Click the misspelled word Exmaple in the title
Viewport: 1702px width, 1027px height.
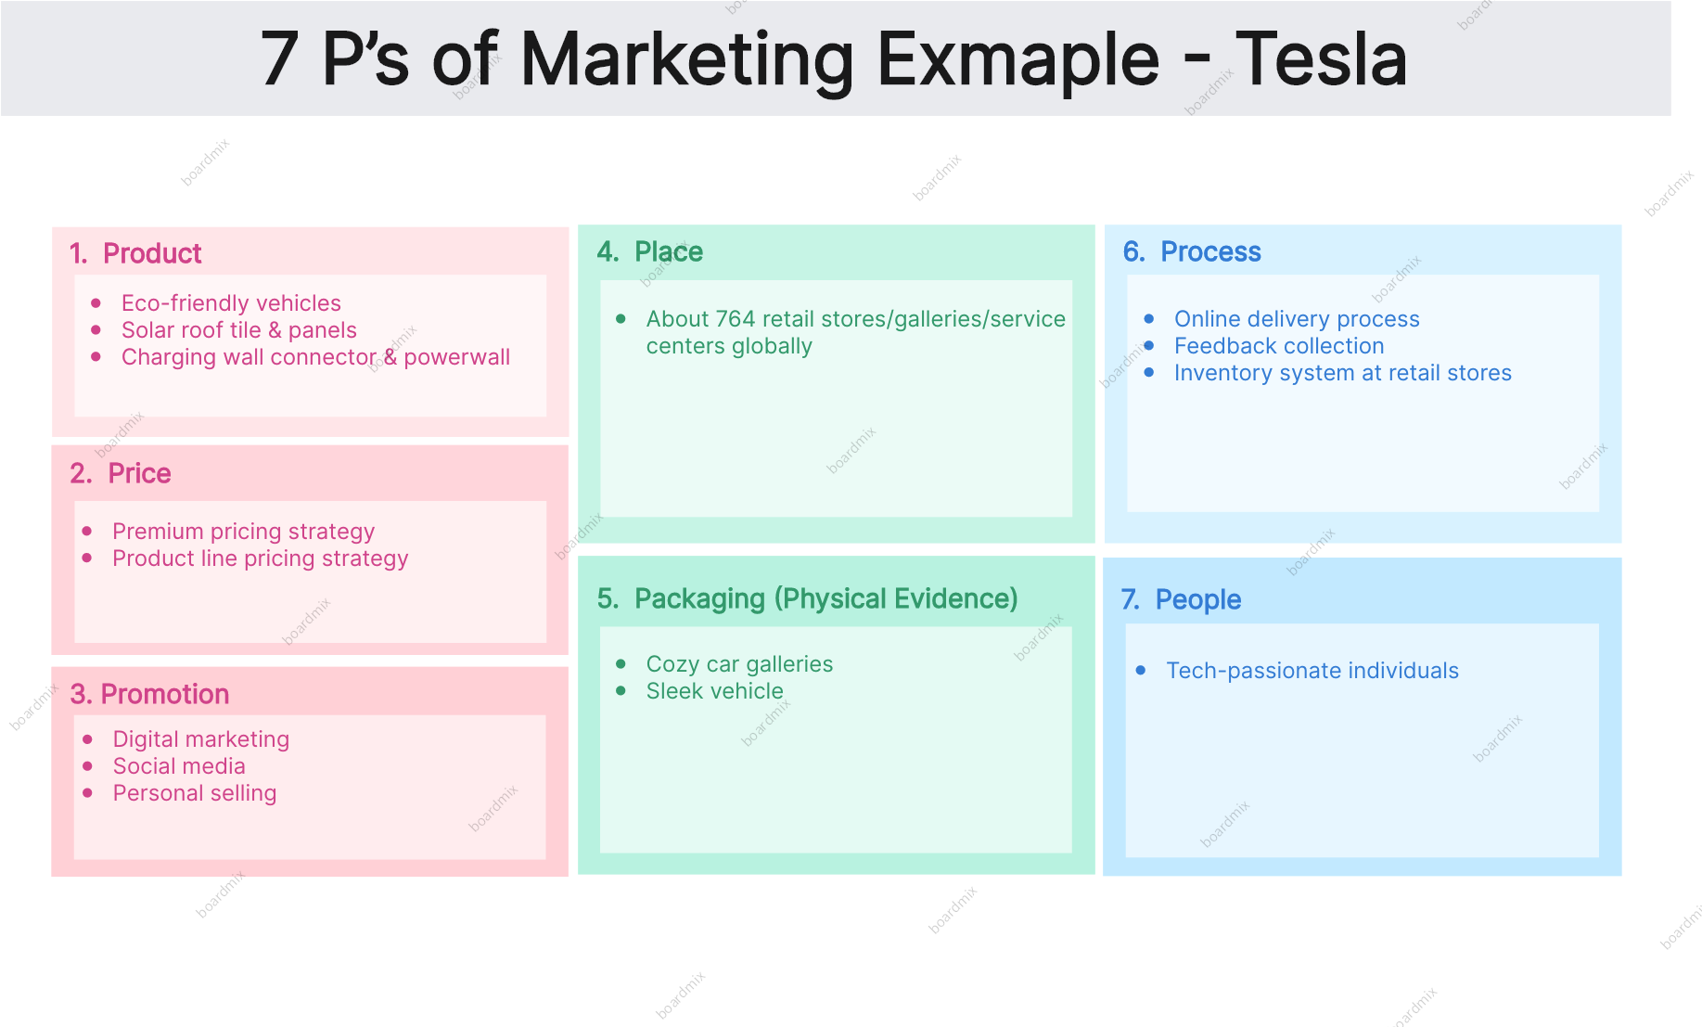click(x=1017, y=59)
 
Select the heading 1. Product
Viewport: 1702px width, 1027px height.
click(x=135, y=253)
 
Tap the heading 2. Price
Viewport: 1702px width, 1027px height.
click(x=121, y=473)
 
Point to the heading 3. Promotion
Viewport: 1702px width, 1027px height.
click(x=149, y=694)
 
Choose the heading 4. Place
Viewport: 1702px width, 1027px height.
click(x=650, y=251)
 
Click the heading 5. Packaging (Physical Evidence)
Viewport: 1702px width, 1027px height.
click(x=808, y=599)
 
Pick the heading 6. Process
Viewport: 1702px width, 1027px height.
click(x=1192, y=251)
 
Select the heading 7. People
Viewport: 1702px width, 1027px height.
click(x=1181, y=600)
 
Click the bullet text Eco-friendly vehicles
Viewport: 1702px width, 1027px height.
click(x=231, y=303)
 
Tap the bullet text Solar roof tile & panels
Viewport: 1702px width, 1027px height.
click(x=239, y=330)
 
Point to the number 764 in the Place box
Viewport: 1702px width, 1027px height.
click(x=736, y=319)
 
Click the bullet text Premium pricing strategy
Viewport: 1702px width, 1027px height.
click(x=244, y=532)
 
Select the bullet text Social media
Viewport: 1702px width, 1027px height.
click(x=179, y=766)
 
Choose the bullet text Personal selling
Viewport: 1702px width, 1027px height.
click(x=195, y=793)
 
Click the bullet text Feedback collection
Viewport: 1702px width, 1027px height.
click(x=1279, y=346)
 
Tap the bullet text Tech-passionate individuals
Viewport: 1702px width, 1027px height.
click(x=1312, y=671)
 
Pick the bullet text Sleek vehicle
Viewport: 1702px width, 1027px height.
click(x=715, y=691)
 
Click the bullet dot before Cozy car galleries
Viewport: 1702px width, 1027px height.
click(x=621, y=663)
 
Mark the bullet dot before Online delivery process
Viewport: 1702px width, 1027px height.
click(x=1149, y=318)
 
